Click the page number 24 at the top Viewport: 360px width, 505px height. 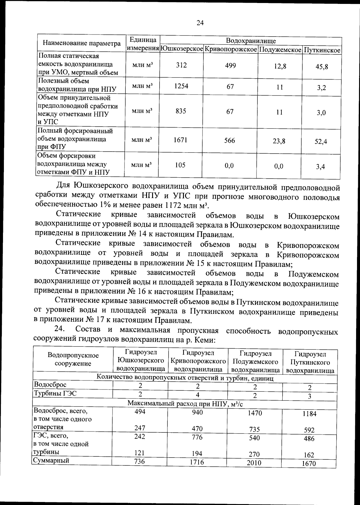coord(200,23)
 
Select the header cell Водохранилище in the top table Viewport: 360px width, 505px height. coord(251,41)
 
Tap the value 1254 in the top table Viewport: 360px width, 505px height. coord(181,86)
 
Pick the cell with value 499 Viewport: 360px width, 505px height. coord(230,65)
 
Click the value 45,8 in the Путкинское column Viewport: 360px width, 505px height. coord(322,67)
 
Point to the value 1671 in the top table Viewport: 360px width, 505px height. coord(181,140)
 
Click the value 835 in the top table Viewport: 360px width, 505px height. coord(181,111)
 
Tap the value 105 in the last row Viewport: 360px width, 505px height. coord(180,165)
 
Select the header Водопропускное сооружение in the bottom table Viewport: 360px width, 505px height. coord(73,359)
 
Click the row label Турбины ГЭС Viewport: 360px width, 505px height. coord(55,393)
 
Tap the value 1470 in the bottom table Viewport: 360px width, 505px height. coord(254,413)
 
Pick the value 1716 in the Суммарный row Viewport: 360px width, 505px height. coord(197,462)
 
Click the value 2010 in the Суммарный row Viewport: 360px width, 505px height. coord(254,463)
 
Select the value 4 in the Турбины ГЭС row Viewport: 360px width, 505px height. coord(198,395)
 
